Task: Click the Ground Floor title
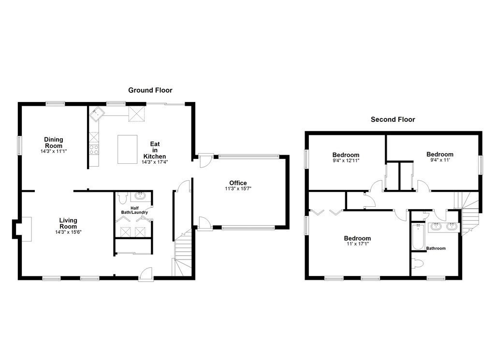click(150, 90)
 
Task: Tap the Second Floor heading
click(393, 119)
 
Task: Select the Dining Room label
click(54, 143)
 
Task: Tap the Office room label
click(238, 183)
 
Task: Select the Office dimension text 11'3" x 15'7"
click(238, 189)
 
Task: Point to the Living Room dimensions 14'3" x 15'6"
click(68, 232)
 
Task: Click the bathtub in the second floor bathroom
click(417, 237)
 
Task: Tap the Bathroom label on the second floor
click(436, 248)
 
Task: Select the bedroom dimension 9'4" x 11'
click(439, 160)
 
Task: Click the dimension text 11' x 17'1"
click(357, 245)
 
